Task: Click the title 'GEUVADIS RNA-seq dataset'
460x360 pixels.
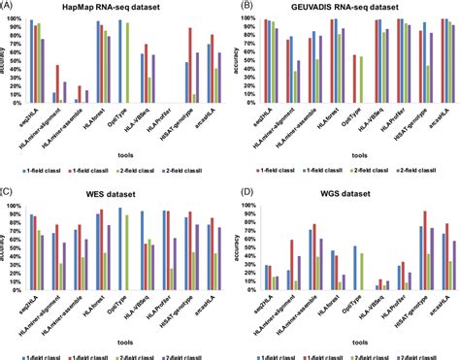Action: click(x=354, y=9)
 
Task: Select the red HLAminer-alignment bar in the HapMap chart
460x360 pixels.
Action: click(x=57, y=83)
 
